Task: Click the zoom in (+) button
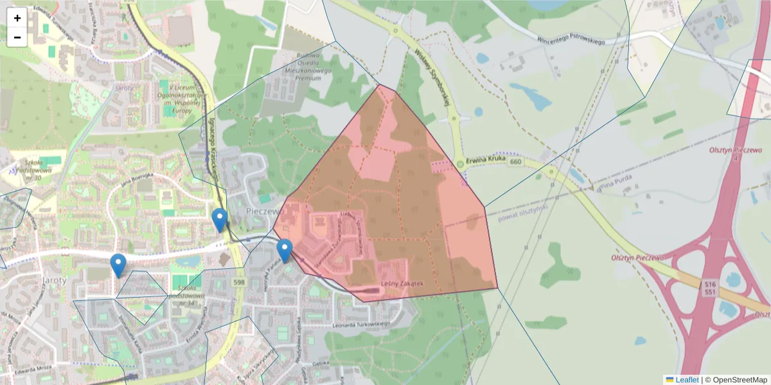[x=17, y=18]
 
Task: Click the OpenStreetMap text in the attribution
[x=740, y=380]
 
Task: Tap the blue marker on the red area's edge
[x=285, y=250]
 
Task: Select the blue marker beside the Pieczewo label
[x=220, y=219]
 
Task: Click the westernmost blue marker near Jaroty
[x=118, y=264]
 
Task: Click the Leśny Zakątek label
[x=402, y=284]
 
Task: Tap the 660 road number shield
[x=497, y=162]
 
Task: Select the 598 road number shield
[x=240, y=282]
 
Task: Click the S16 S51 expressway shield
[x=709, y=287]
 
